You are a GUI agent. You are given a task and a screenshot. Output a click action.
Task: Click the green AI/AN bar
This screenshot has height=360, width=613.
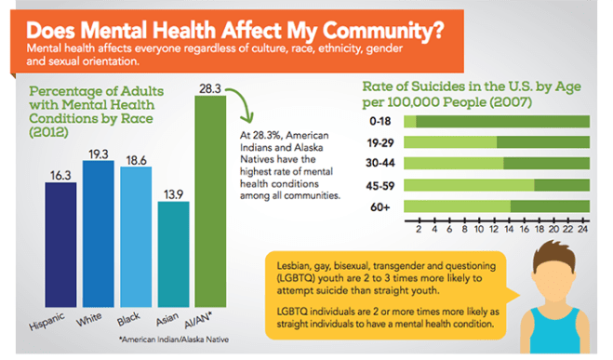pyautogui.click(x=211, y=205)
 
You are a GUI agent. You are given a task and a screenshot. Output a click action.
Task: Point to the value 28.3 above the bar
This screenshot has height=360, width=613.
pyautogui.click(x=211, y=88)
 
